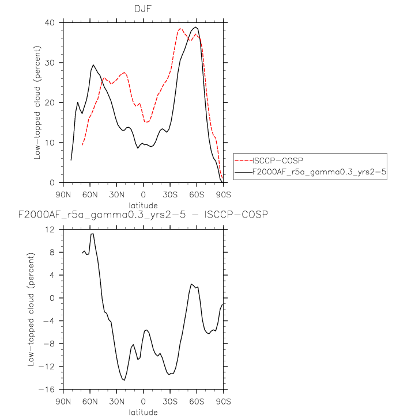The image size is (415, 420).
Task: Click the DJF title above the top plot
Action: [x=143, y=9]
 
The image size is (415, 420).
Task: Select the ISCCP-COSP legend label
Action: [x=278, y=161]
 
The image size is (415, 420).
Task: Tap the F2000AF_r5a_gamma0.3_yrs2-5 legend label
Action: [x=319, y=172]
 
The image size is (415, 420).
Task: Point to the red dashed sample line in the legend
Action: [x=244, y=161]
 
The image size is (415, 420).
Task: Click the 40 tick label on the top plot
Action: [x=50, y=23]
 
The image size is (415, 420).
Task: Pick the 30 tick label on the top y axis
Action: [x=50, y=63]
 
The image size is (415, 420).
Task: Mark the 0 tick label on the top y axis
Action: [x=52, y=183]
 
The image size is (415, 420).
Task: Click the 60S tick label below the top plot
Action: [x=197, y=194]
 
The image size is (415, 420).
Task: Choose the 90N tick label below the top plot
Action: [x=63, y=194]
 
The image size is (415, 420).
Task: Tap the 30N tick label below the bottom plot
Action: [x=116, y=402]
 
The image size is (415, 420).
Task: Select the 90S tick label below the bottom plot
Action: [x=224, y=402]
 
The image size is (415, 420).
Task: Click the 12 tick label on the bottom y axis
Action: [x=50, y=230]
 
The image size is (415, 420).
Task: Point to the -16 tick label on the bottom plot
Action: [x=47, y=390]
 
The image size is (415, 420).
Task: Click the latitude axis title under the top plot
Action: [x=143, y=205]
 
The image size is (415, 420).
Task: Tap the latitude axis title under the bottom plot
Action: [x=143, y=412]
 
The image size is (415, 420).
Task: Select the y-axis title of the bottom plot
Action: [x=31, y=310]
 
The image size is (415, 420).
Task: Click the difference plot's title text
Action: [x=143, y=215]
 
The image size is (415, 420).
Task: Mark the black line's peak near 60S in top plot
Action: [x=196, y=27]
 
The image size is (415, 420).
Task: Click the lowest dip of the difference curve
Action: [x=124, y=380]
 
